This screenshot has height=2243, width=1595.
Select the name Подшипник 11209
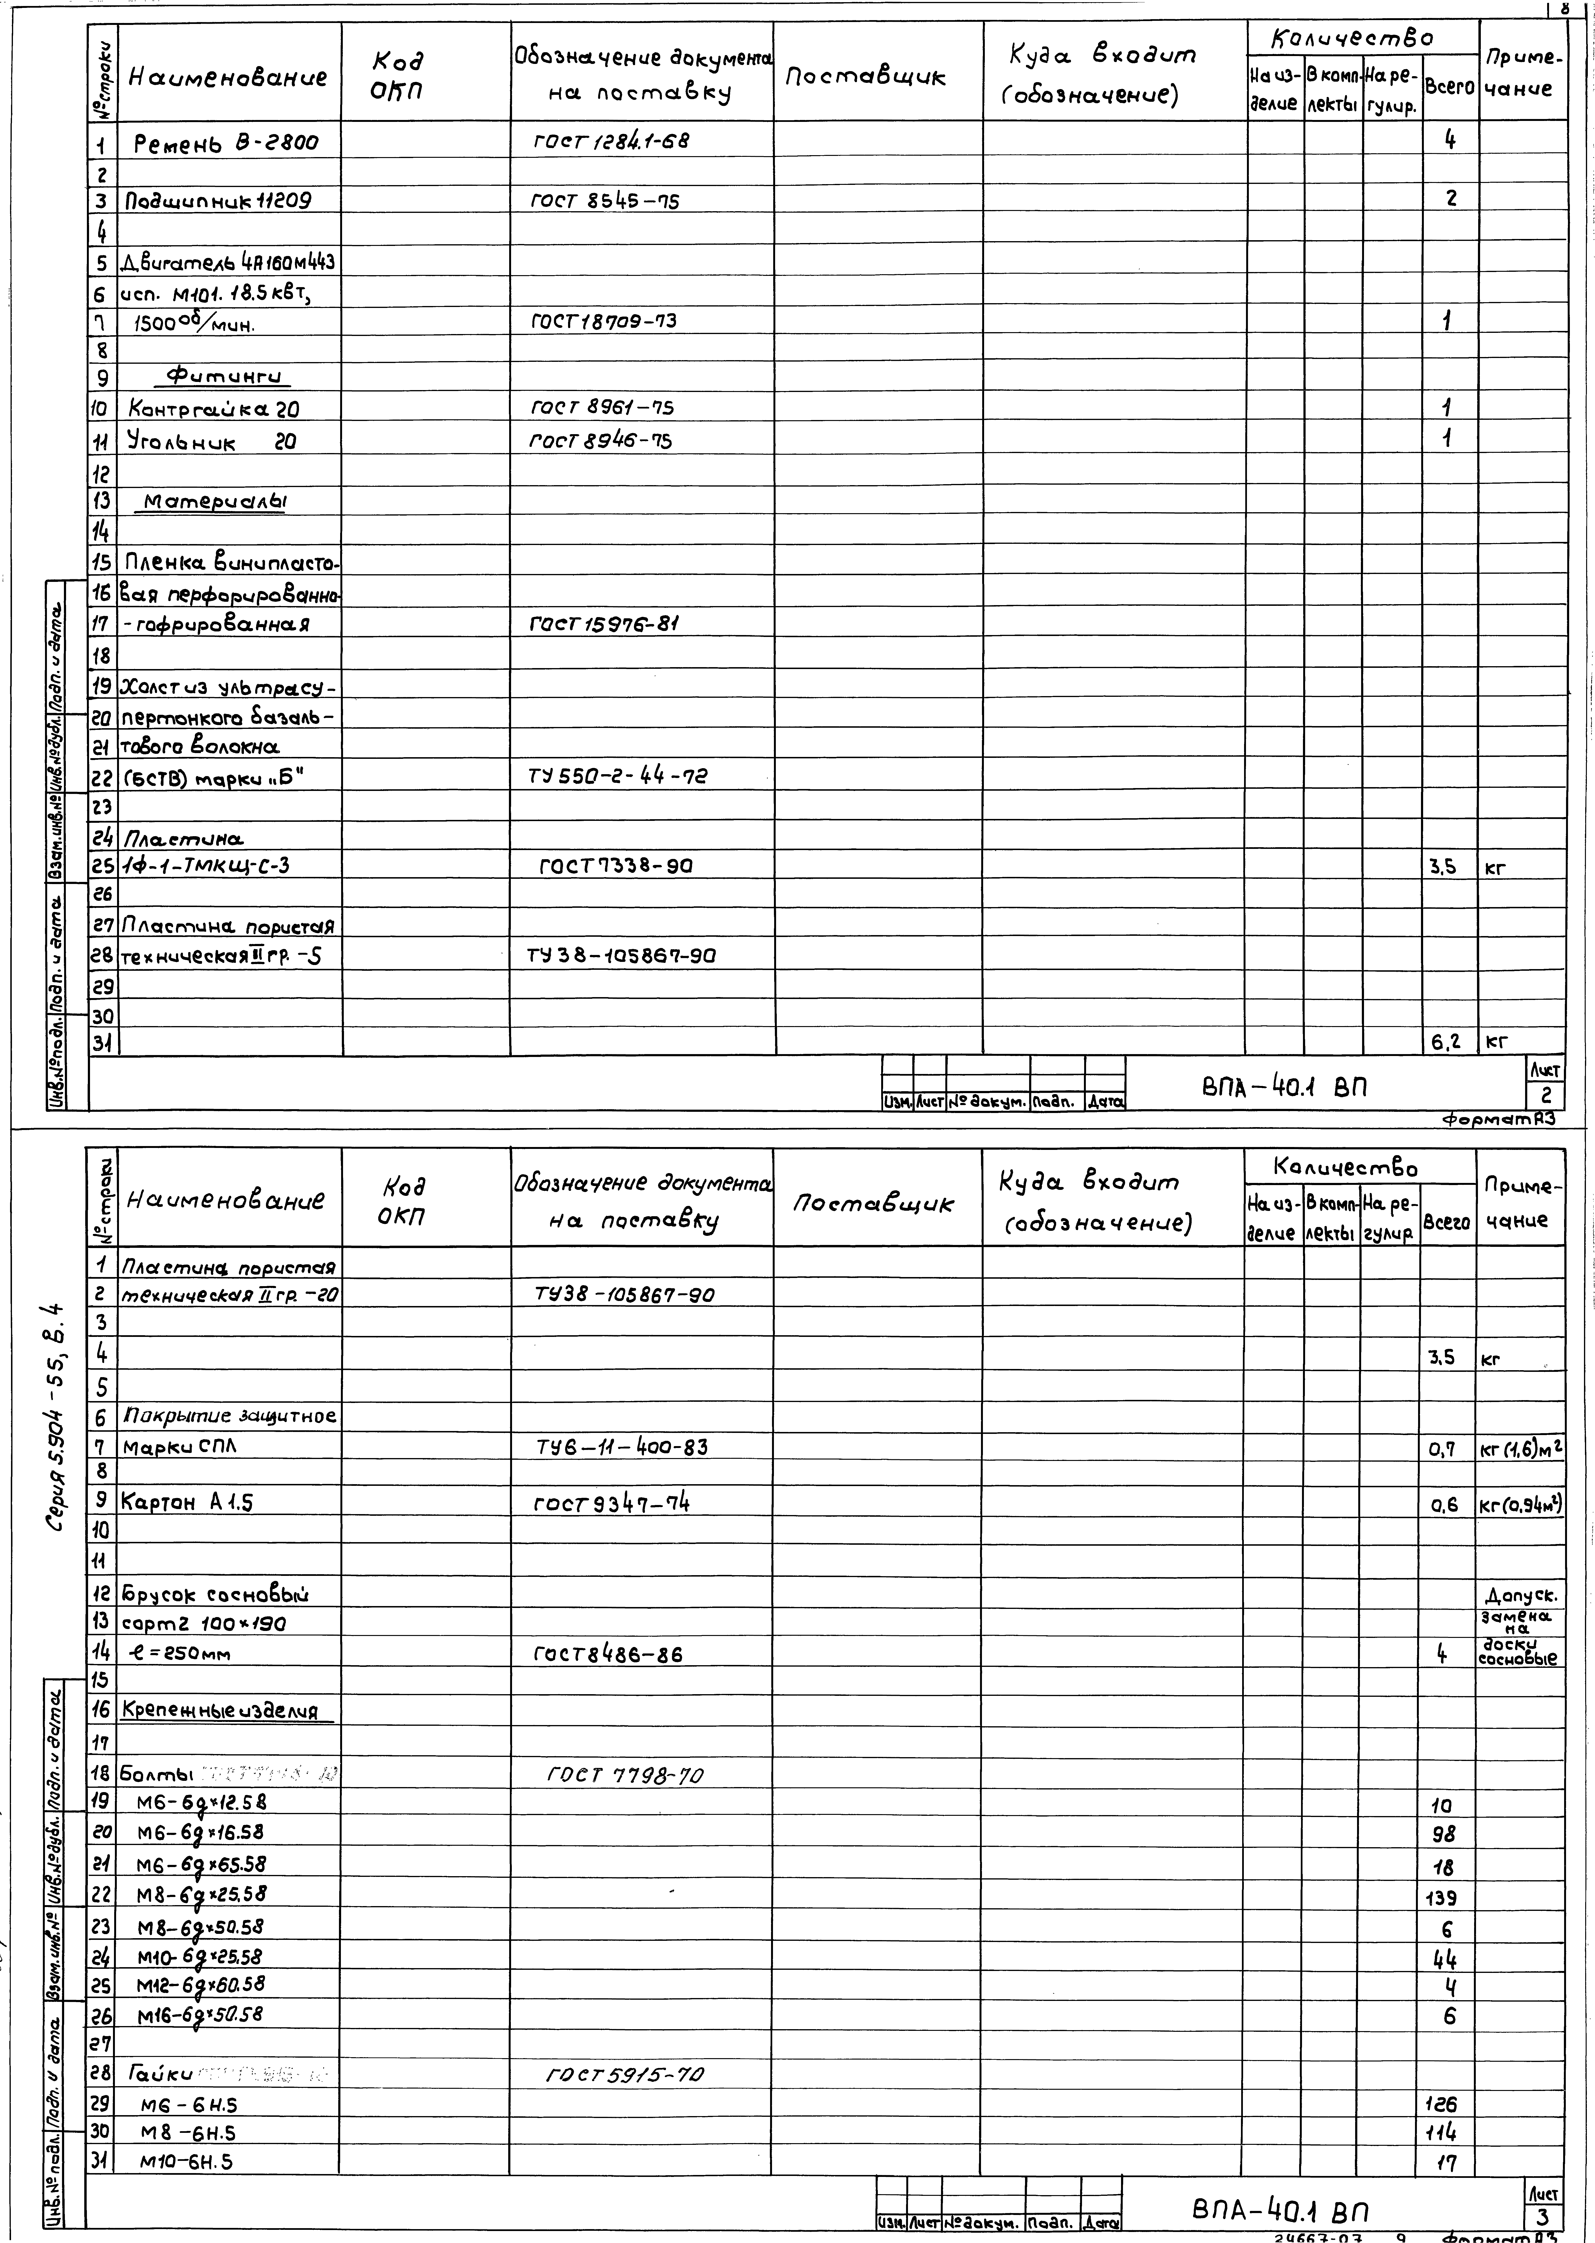click(218, 201)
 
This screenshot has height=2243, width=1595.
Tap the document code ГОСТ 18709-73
click(604, 321)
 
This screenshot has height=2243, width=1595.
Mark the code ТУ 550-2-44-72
click(617, 776)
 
